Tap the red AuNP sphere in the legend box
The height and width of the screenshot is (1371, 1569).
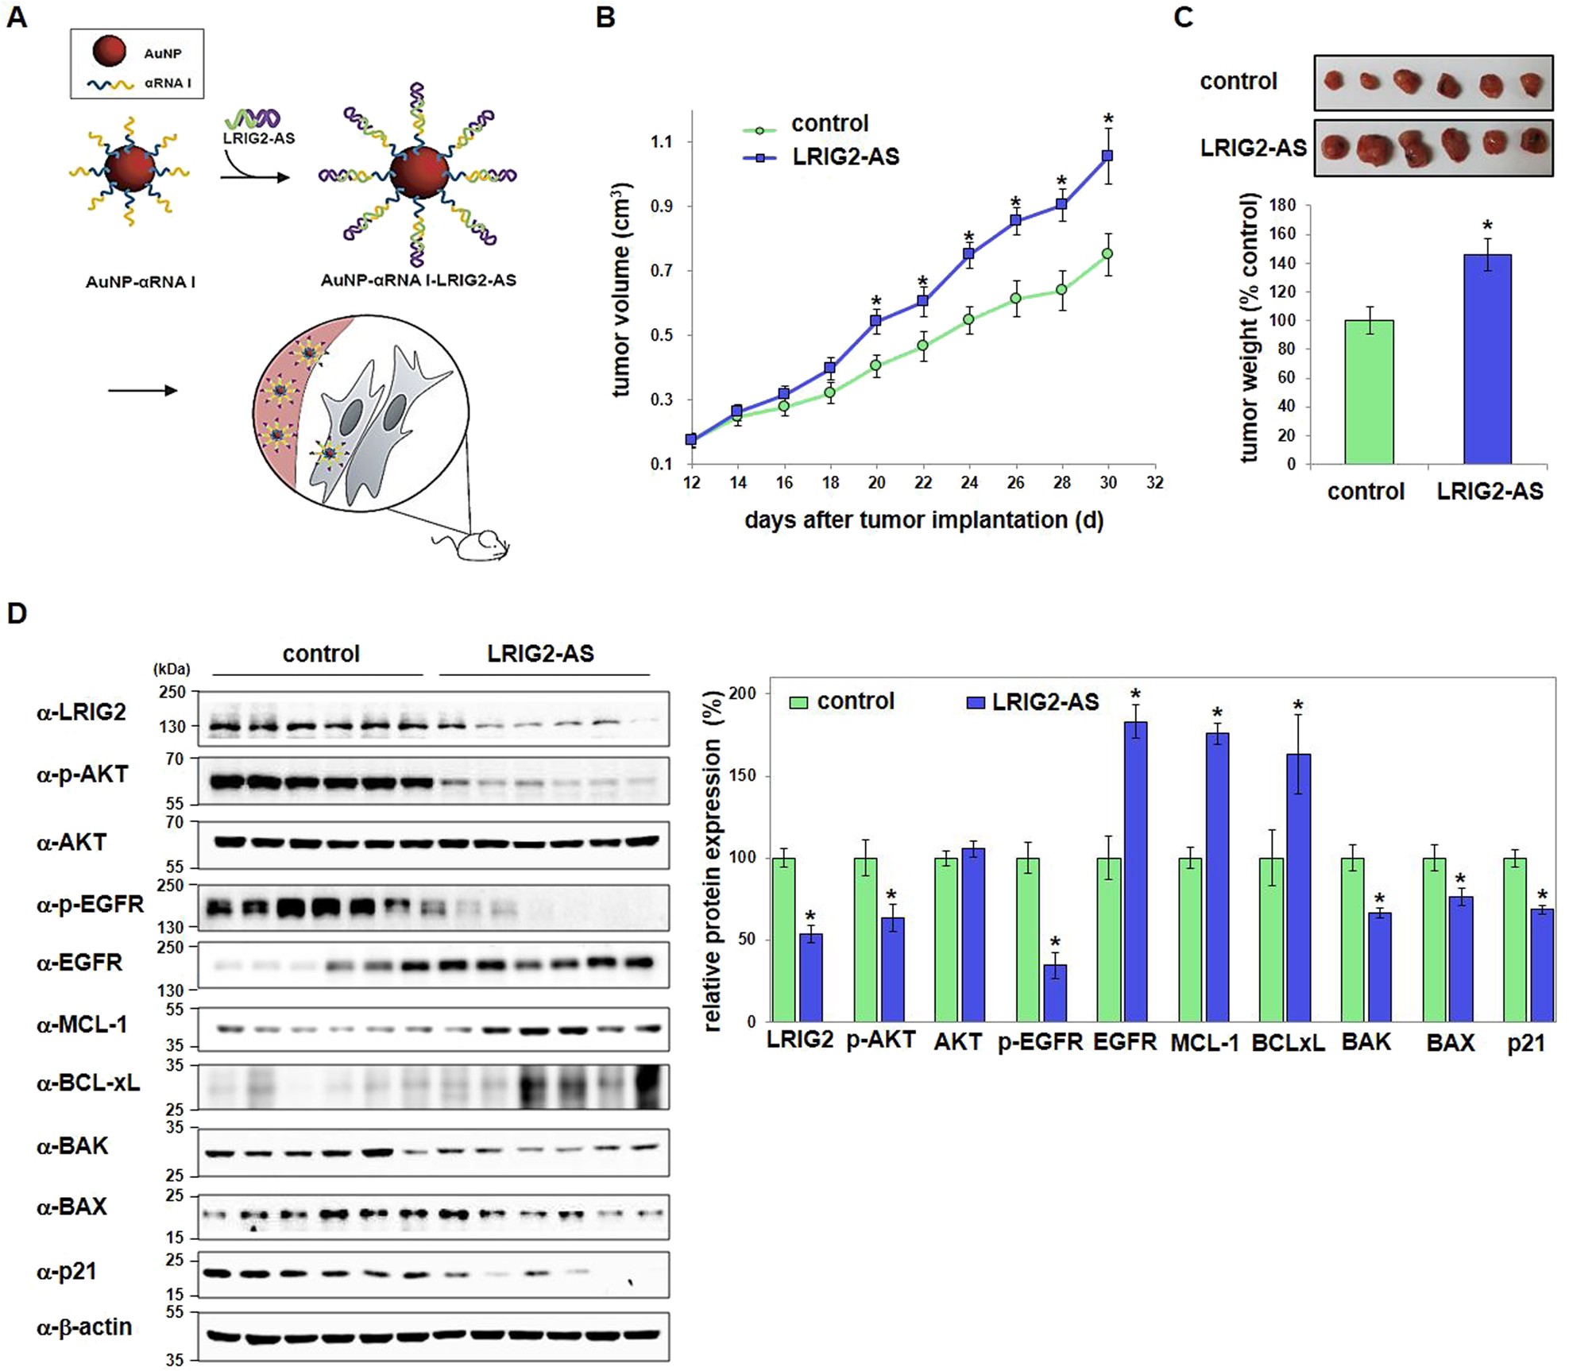tap(110, 52)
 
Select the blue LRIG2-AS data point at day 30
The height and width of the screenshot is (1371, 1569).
tap(1107, 156)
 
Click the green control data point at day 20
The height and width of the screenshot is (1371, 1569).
tap(876, 366)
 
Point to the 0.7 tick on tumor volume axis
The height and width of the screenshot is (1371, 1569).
tap(661, 271)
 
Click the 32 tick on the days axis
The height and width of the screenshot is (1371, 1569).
tap(1154, 483)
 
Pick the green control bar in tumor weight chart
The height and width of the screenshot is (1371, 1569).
tap(1368, 392)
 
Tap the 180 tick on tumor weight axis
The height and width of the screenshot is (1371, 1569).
tap(1283, 205)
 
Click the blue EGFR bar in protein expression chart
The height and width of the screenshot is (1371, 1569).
tap(1135, 871)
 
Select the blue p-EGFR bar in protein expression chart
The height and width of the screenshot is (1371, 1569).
tap(1055, 993)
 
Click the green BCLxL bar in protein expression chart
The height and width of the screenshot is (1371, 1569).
tap(1272, 940)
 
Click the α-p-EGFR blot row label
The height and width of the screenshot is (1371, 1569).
tap(91, 904)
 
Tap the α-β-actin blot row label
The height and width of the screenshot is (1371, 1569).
tap(84, 1327)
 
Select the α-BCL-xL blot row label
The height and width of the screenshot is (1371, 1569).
tap(88, 1083)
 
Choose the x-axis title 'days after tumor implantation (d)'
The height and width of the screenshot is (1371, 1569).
tap(924, 520)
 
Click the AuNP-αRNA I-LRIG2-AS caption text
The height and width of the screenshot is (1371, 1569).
tap(418, 280)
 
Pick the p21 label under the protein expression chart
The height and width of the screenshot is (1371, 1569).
tap(1526, 1042)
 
